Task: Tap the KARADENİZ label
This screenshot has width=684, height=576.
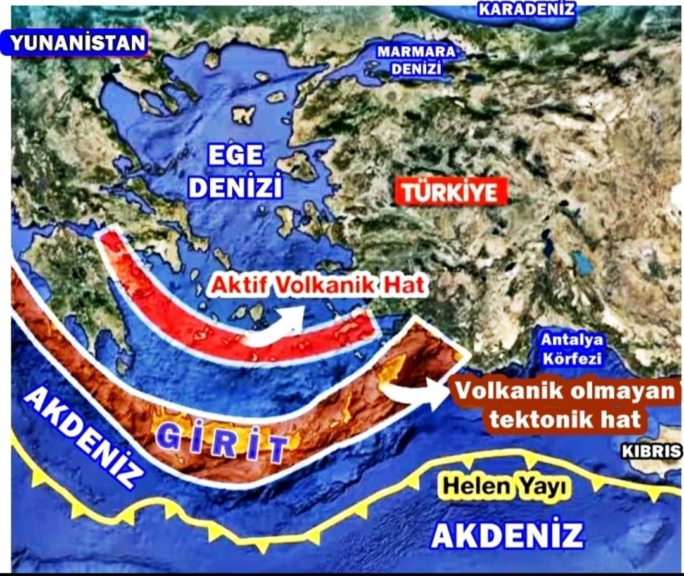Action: click(x=526, y=9)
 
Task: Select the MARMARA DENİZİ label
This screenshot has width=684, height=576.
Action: click(x=415, y=61)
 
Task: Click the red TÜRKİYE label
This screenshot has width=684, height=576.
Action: click(x=450, y=192)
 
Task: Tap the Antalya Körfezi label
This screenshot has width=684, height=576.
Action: click(x=572, y=349)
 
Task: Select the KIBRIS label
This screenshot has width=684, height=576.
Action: click(x=651, y=452)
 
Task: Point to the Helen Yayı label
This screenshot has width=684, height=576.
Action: click(x=505, y=487)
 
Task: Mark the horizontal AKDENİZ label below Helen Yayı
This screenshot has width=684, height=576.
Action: click(x=507, y=535)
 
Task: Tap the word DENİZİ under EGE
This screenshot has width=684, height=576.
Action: click(x=236, y=187)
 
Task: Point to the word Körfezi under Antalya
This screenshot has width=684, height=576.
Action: click(x=572, y=358)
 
